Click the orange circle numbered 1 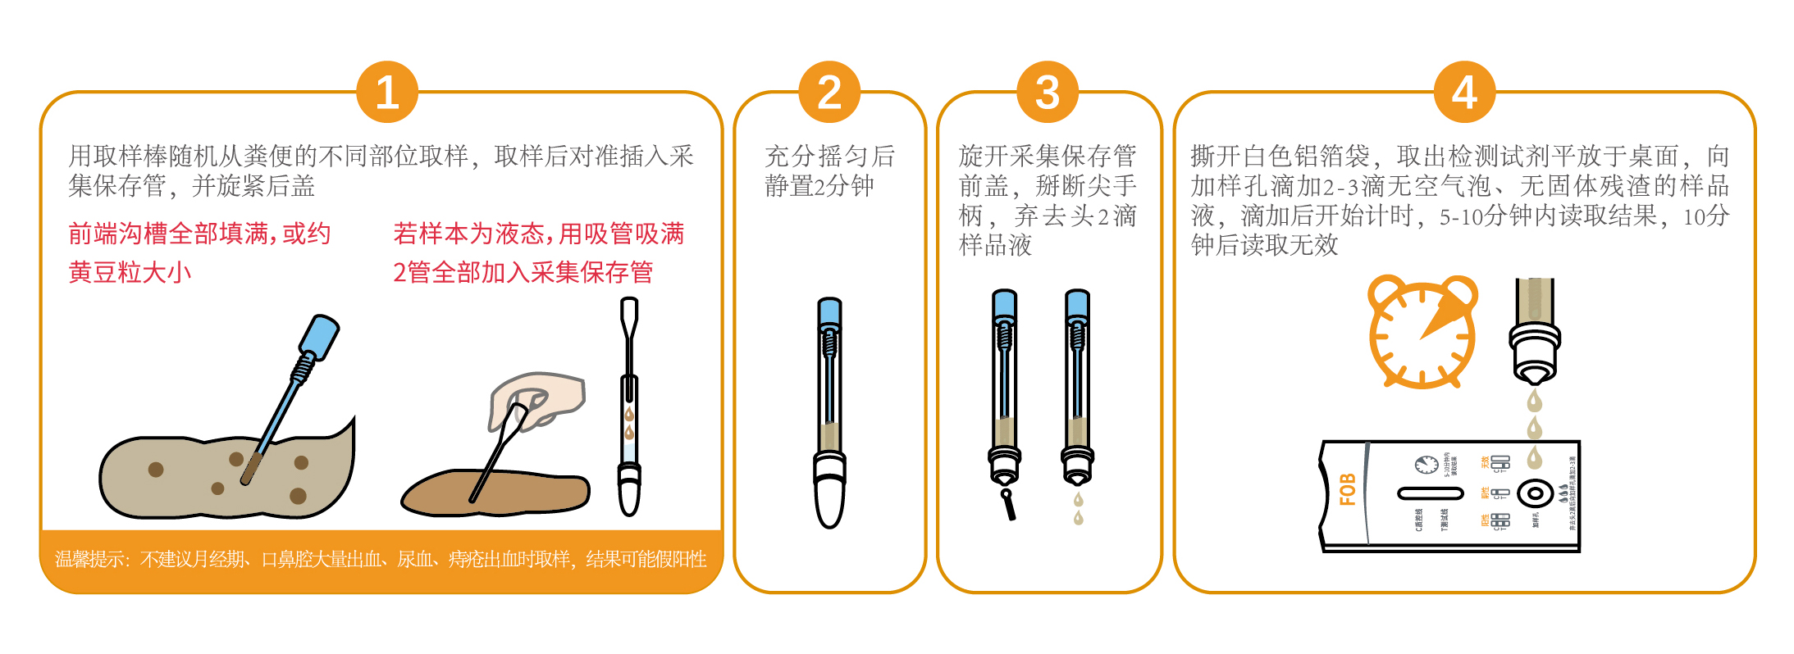[x=387, y=92]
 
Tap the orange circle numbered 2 [x=829, y=92]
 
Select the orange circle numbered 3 [x=1047, y=92]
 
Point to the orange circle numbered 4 [x=1464, y=92]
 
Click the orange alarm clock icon [x=1422, y=332]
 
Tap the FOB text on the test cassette [x=1347, y=489]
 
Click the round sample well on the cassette [x=1535, y=493]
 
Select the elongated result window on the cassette [x=1430, y=493]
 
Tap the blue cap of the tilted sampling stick [x=319, y=337]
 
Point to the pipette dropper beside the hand [x=629, y=406]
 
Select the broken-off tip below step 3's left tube [x=1008, y=505]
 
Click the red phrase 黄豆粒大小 [x=130, y=272]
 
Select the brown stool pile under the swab [x=495, y=493]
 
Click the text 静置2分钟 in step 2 [x=819, y=186]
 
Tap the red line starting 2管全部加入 [x=523, y=272]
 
